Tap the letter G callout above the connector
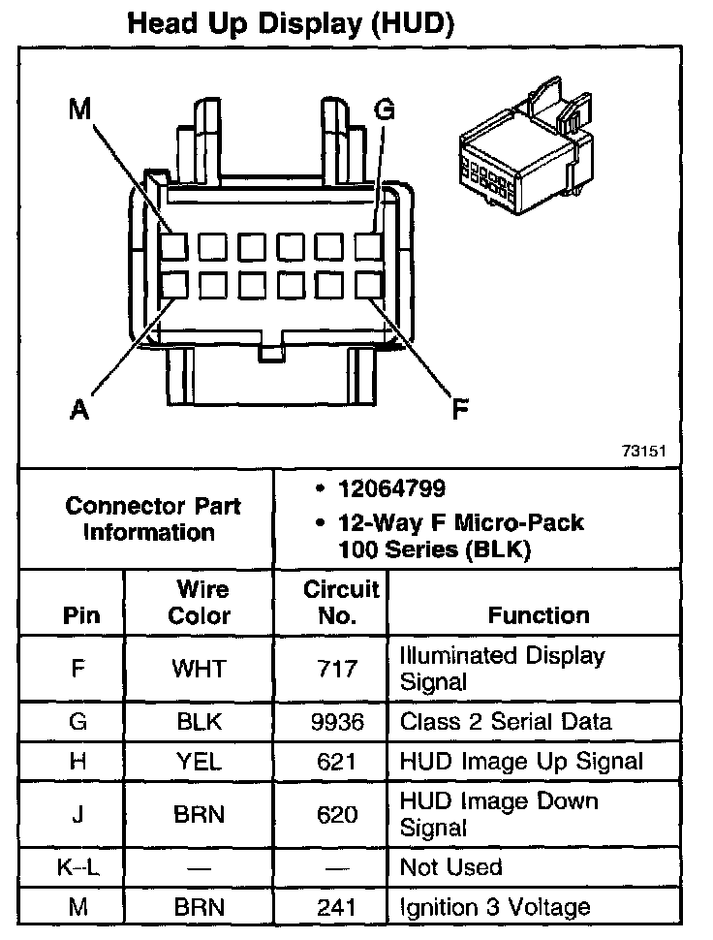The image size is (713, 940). click(x=384, y=110)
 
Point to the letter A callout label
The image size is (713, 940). click(x=79, y=410)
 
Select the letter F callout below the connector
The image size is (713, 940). click(x=461, y=410)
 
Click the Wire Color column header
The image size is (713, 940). click(x=201, y=602)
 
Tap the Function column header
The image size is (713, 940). click(x=539, y=615)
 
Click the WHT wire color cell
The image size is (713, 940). click(x=199, y=669)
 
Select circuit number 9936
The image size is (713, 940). click(x=337, y=722)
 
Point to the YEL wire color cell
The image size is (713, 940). click(x=199, y=762)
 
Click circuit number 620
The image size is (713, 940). click(x=337, y=815)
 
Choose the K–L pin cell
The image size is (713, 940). click(x=77, y=867)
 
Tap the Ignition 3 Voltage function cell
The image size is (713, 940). click(x=495, y=908)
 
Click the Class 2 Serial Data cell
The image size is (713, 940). click(x=506, y=722)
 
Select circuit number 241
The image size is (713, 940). click(x=337, y=908)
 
